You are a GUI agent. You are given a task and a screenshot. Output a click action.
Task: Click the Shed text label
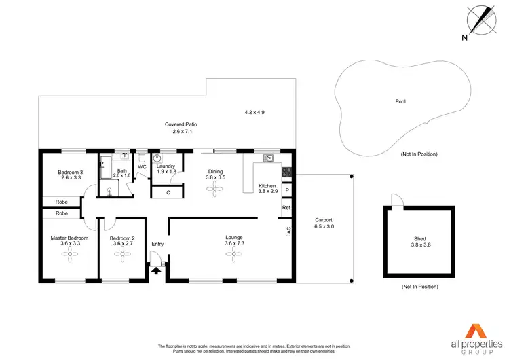coord(420,239)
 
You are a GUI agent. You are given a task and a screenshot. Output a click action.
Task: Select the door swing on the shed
coord(395,199)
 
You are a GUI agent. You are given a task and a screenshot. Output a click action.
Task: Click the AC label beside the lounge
coord(289,230)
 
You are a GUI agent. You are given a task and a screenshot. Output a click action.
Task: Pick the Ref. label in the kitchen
coord(286,208)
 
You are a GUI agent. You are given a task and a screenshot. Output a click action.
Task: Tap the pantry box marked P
coord(286,191)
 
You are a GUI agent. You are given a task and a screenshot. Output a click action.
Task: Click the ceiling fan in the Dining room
coord(215,191)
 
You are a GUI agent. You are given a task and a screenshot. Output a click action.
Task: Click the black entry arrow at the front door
coord(157,271)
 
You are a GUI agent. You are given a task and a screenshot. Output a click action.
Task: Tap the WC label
coord(143,166)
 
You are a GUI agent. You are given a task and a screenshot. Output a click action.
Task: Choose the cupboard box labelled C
coord(168,193)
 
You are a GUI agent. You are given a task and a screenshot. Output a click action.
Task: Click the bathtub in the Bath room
coord(105,166)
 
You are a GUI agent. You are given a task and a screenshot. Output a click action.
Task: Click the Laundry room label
coord(166,166)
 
